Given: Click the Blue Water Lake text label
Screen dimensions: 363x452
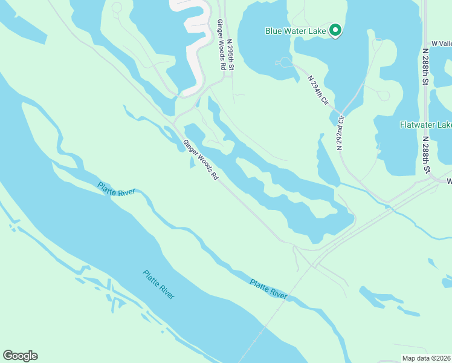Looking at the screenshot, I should [295, 30].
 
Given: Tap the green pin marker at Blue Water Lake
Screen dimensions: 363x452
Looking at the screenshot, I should [335, 30].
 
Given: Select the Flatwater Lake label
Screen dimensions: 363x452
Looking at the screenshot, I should [425, 125].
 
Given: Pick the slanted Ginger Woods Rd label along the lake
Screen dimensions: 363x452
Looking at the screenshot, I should [200, 160].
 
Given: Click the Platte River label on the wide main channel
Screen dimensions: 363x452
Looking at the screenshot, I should [159, 284].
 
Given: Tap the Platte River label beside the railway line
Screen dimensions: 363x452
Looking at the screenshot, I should [268, 289].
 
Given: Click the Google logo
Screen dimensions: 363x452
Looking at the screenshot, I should [20, 356].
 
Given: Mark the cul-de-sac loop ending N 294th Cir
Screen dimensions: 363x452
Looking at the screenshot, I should [284, 62].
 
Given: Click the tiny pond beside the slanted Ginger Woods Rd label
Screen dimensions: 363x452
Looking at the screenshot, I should [192, 162].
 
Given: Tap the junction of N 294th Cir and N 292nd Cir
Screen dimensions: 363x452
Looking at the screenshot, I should [341, 114].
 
